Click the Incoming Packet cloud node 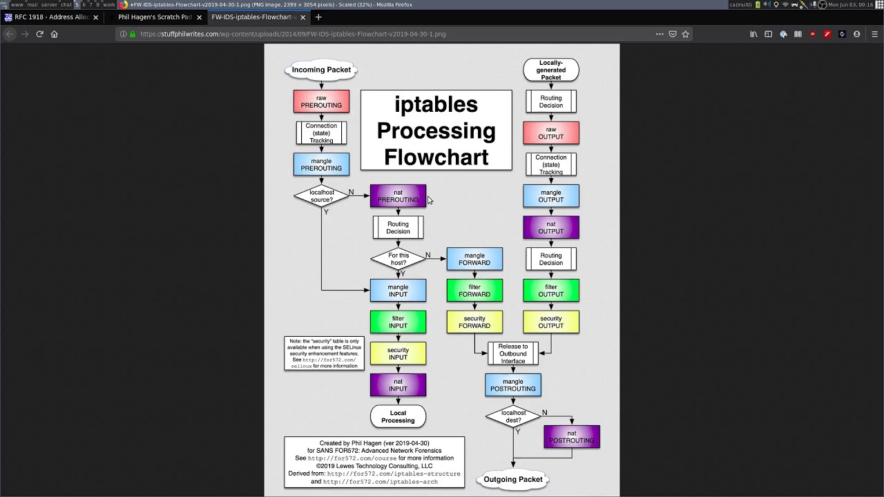click(x=321, y=70)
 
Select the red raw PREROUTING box click(x=321, y=101)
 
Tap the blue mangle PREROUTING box click(x=321, y=164)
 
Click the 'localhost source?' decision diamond click(x=321, y=196)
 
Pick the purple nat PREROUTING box click(x=398, y=196)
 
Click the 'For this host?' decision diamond click(x=398, y=259)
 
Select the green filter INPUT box click(x=398, y=322)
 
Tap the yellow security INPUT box click(x=398, y=353)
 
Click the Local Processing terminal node click(x=398, y=416)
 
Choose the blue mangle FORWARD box click(x=474, y=259)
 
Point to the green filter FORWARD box click(x=474, y=291)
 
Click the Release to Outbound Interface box click(x=512, y=353)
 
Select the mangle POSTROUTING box click(x=512, y=384)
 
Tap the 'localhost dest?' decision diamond click(x=512, y=416)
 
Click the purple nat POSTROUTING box click(x=572, y=436)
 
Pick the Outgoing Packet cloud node click(x=512, y=479)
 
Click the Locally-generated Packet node click(x=551, y=70)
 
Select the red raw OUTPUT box click(x=551, y=133)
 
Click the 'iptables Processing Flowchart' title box click(x=436, y=130)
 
